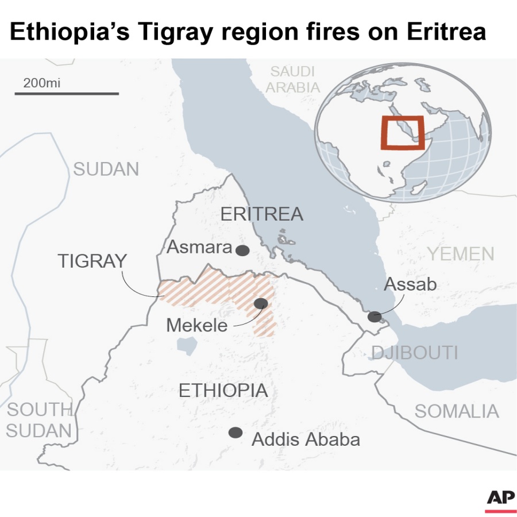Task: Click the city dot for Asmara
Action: tap(242, 250)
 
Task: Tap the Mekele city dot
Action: tap(261, 303)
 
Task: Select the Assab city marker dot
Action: tap(375, 317)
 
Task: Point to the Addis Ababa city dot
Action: tap(235, 433)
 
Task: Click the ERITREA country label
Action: tap(261, 214)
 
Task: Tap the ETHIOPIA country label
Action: tap(223, 391)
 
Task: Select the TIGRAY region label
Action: tap(92, 261)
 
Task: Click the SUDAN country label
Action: tap(106, 169)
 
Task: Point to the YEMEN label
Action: tap(461, 253)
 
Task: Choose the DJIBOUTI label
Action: tap(414, 352)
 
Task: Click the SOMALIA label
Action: tap(457, 411)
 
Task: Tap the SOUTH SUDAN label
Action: tap(39, 420)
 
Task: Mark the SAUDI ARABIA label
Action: tap(293, 80)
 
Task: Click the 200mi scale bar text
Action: tap(41, 83)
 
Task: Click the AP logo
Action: tap(500, 500)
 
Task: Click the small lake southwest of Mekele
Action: tap(186, 346)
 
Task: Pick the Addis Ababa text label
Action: tap(306, 439)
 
